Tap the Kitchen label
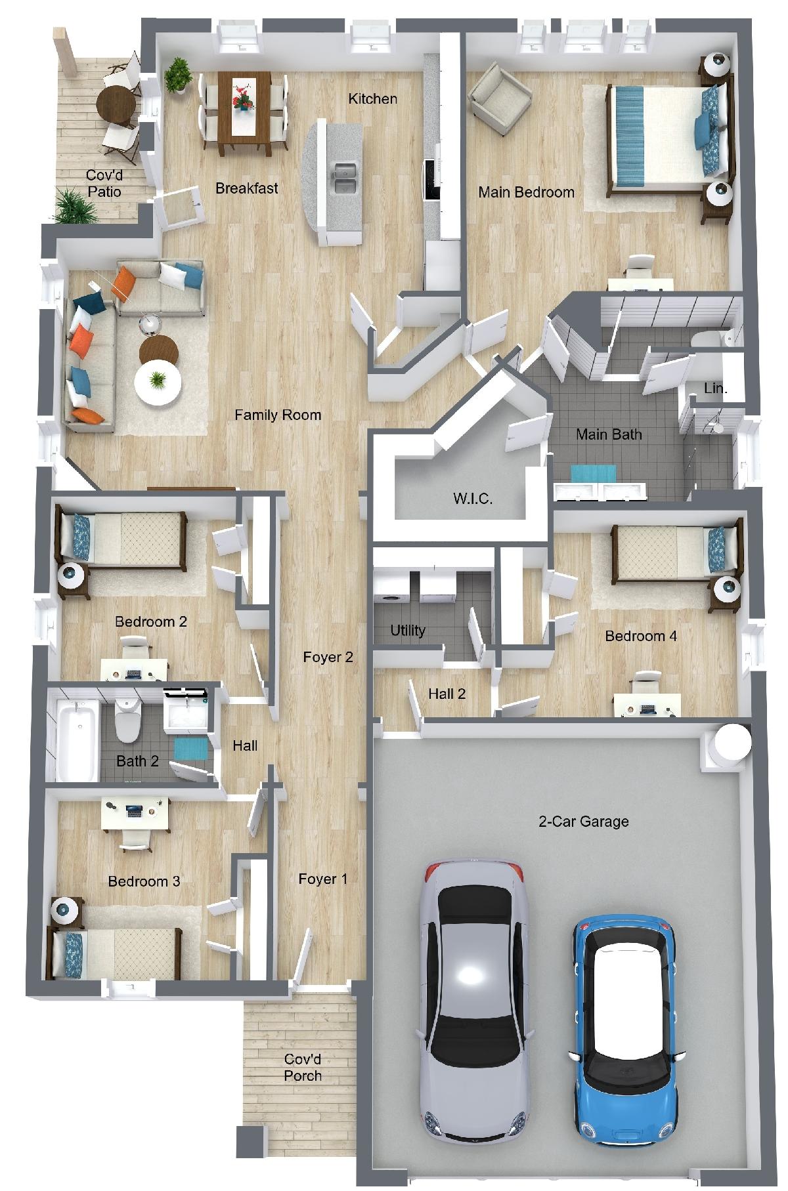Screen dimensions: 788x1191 tap(372, 98)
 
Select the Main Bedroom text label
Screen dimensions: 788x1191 tap(526, 192)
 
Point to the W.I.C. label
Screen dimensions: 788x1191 tap(473, 499)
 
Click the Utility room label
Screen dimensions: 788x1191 tap(408, 631)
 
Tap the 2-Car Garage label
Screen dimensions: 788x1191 tap(584, 821)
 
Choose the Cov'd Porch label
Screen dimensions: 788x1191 tap(303, 1068)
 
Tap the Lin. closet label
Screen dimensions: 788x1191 tap(715, 388)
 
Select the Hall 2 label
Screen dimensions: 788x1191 tap(447, 694)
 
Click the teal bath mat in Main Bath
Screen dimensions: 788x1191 tap(593, 473)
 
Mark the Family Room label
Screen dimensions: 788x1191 tap(278, 415)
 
